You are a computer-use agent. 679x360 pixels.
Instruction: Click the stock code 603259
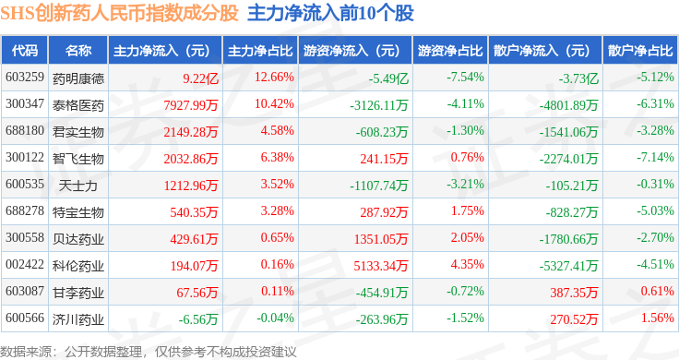pyautogui.click(x=25, y=78)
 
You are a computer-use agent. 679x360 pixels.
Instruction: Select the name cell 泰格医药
pyautogui.click(x=78, y=105)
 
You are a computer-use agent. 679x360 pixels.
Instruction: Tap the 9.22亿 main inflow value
pyautogui.click(x=200, y=78)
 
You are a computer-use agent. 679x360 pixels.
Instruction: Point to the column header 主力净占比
pyautogui.click(x=260, y=51)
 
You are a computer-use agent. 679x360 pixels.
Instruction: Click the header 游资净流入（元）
pyautogui.click(x=351, y=51)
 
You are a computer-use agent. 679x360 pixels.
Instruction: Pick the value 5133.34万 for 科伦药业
pyautogui.click(x=381, y=266)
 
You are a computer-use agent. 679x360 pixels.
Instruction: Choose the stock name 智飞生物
pyautogui.click(x=78, y=159)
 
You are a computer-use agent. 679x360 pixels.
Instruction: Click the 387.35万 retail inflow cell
pyautogui.click(x=574, y=293)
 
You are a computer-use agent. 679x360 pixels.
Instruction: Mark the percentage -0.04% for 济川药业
pyautogui.click(x=276, y=318)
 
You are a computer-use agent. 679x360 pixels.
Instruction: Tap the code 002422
pyautogui.click(x=25, y=264)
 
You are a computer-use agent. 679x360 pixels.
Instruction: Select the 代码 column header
pyautogui.click(x=25, y=51)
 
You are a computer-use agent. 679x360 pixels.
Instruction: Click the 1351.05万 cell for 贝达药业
pyautogui.click(x=381, y=239)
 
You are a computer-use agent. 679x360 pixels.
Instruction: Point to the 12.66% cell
pyautogui.click(x=274, y=78)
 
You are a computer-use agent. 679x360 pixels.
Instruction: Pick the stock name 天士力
pyautogui.click(x=78, y=186)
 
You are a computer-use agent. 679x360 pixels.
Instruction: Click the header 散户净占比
pyautogui.click(x=640, y=51)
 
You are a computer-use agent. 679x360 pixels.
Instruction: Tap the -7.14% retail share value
pyautogui.click(x=655, y=157)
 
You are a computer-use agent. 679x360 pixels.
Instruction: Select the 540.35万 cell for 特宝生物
pyautogui.click(x=194, y=212)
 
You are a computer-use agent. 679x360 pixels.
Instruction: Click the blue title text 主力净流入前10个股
pyautogui.click(x=330, y=13)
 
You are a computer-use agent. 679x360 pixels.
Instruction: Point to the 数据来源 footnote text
pyautogui.click(x=26, y=352)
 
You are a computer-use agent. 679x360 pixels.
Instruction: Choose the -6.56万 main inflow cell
pyautogui.click(x=198, y=319)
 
